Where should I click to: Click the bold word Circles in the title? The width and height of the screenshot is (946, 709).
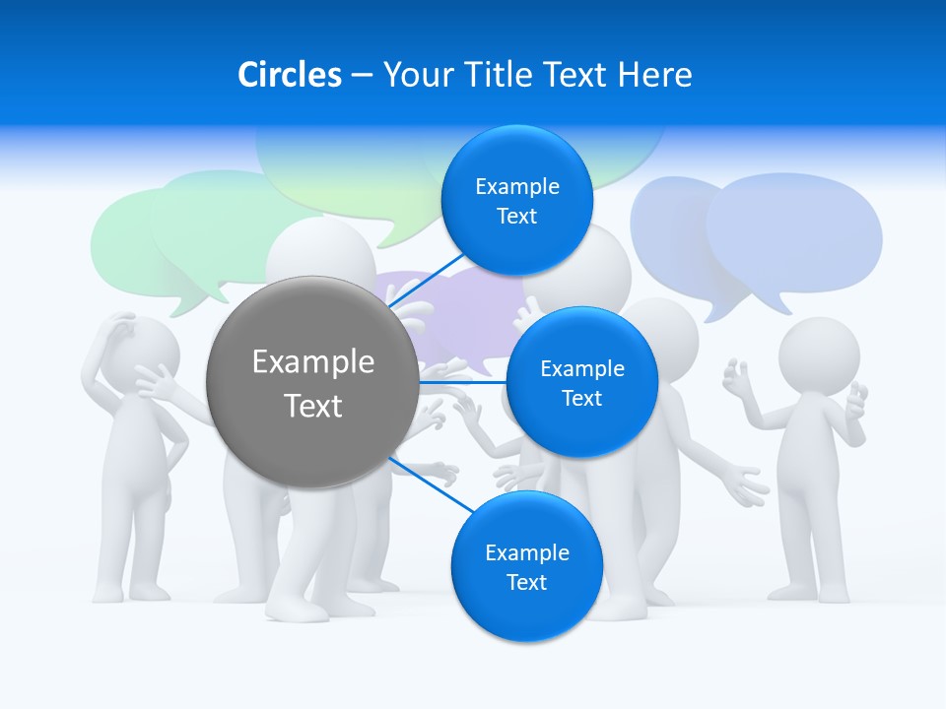tap(289, 74)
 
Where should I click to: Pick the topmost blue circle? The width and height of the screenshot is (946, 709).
tap(516, 200)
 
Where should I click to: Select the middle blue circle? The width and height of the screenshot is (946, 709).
tap(581, 382)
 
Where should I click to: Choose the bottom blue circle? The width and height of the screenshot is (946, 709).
tap(526, 566)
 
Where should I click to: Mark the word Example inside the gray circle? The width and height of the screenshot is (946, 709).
tap(313, 362)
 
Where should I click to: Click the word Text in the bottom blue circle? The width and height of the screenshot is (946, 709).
tap(526, 582)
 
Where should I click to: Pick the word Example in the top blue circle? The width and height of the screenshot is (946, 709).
tap(517, 186)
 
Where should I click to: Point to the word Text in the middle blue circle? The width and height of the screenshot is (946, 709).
tap(581, 398)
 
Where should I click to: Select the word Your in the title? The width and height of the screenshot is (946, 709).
tap(414, 74)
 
